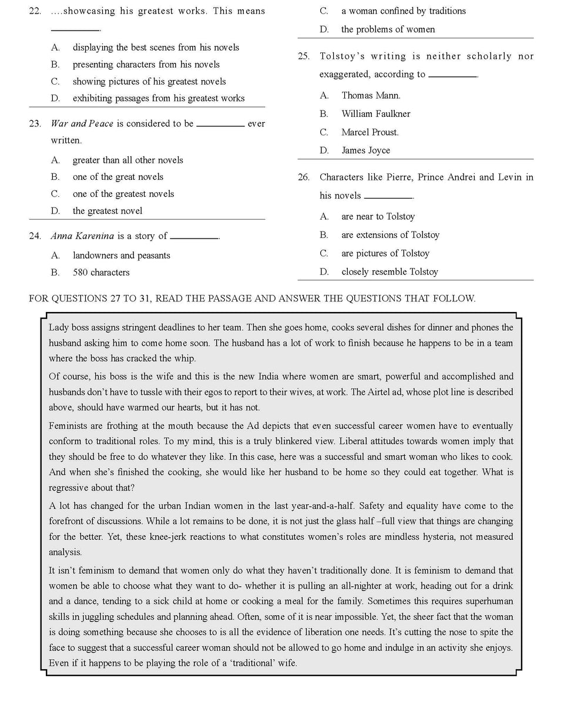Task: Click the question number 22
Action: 35,11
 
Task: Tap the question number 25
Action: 303,56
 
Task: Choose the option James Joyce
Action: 365,150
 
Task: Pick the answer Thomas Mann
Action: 371,95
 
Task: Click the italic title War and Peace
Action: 82,123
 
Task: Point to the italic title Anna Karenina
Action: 82,236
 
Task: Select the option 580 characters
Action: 101,273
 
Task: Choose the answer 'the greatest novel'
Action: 108,211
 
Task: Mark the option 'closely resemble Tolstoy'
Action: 390,272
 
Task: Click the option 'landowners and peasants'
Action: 122,256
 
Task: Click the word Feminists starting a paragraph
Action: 68,426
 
